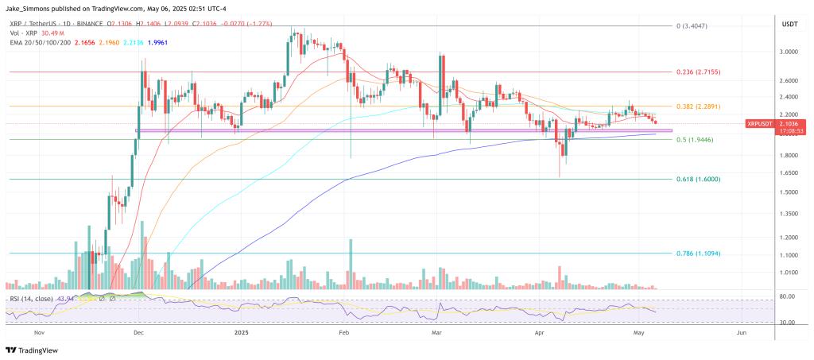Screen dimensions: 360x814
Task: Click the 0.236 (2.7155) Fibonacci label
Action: coord(698,72)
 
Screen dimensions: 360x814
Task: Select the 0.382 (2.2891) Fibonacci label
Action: coord(698,106)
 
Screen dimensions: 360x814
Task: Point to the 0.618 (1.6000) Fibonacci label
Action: coord(698,180)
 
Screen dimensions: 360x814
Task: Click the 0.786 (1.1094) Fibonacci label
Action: coord(698,254)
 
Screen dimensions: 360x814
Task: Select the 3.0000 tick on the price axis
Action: coord(788,52)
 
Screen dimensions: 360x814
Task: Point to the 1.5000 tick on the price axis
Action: coord(788,192)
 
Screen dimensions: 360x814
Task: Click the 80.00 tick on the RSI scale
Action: coord(788,296)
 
